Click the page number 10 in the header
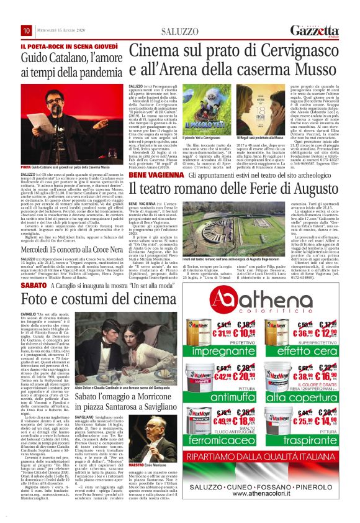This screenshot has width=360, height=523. click(x=27, y=31)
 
